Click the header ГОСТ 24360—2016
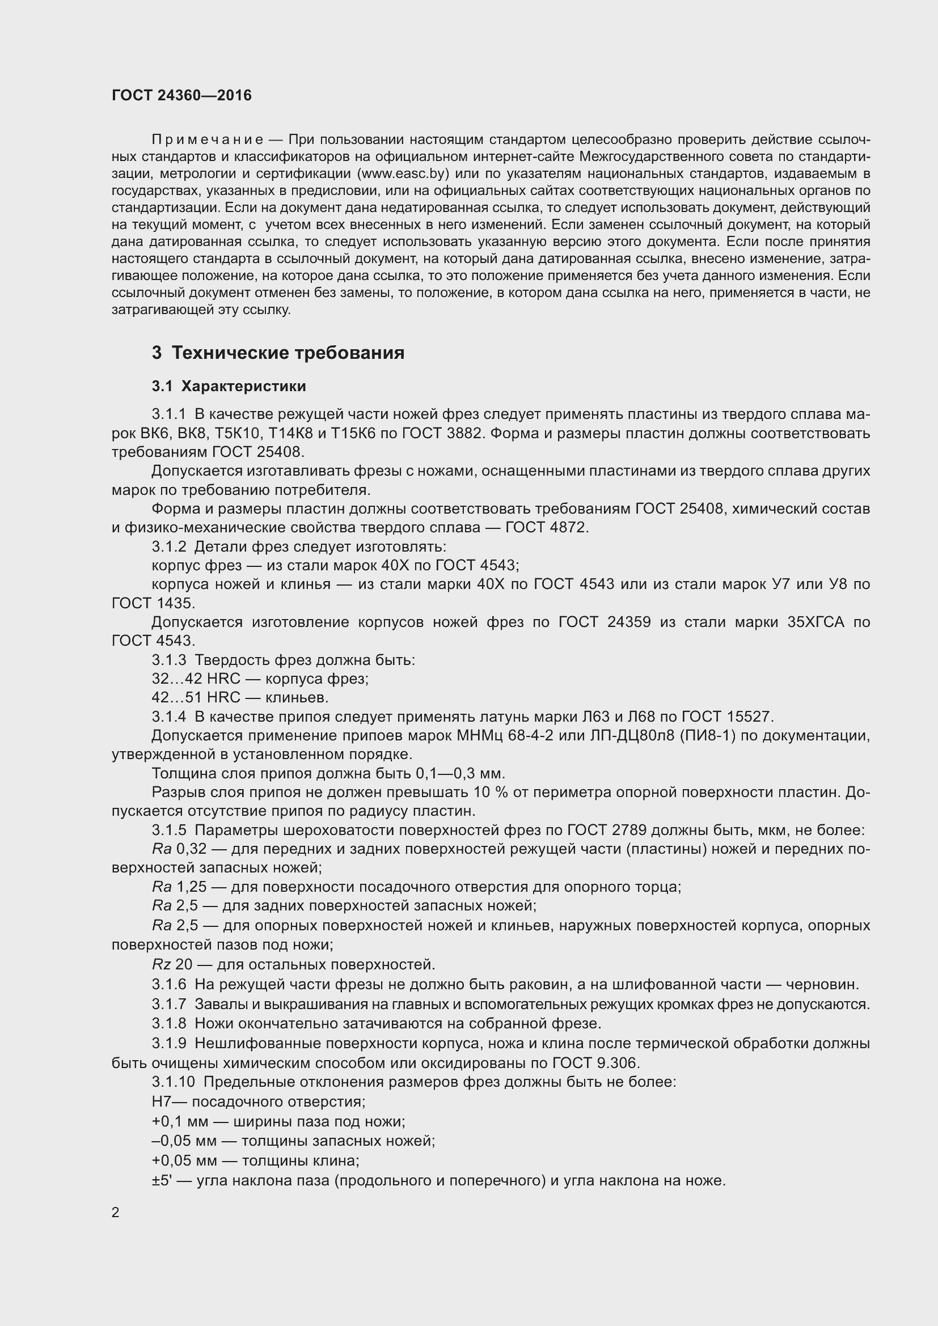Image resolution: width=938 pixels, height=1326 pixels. click(181, 95)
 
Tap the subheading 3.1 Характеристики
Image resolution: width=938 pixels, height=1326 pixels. click(229, 387)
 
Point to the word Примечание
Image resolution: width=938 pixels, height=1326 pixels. click(208, 140)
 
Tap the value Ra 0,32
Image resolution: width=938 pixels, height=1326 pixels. click(179, 849)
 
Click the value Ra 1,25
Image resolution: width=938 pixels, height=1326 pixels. click(179, 887)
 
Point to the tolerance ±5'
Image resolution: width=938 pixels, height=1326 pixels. click(162, 1181)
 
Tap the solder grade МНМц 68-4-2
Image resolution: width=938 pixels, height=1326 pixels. click(505, 736)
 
